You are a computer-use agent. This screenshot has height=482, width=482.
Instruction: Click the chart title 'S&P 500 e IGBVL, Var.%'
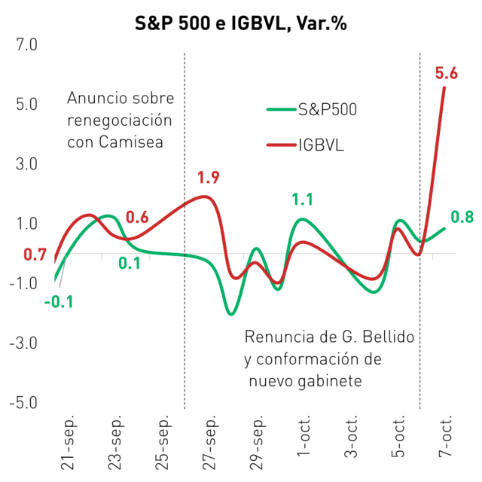point(241,23)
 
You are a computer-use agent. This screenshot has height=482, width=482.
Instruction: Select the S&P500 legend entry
point(312,109)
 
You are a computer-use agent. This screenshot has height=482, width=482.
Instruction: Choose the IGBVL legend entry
point(305,145)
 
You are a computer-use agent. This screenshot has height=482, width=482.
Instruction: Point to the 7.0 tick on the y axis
point(27,44)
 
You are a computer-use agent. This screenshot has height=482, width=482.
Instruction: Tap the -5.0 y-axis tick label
point(23,402)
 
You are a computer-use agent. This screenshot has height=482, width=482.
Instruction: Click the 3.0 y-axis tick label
point(27,164)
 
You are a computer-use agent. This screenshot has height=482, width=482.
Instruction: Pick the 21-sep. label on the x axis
point(68,442)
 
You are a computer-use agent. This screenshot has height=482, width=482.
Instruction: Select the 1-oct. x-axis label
point(304,435)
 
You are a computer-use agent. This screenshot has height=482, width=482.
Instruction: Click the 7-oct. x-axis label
point(445,435)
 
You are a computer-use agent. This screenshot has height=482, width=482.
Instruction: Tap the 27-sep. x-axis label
point(209,442)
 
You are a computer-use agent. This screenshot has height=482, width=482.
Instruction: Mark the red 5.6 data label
point(447,73)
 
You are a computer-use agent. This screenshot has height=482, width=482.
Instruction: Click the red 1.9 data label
point(209,178)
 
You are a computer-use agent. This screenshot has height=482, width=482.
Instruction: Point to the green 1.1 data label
point(303,200)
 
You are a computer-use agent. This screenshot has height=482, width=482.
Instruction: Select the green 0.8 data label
point(462,217)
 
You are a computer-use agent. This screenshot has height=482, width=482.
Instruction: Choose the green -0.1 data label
point(59,302)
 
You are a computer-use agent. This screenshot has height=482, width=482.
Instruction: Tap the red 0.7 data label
point(35,255)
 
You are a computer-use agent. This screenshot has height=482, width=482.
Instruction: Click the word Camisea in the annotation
point(131,142)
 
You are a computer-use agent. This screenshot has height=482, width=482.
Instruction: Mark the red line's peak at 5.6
point(444,88)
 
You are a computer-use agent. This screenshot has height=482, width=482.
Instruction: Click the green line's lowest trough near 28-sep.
point(231,314)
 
